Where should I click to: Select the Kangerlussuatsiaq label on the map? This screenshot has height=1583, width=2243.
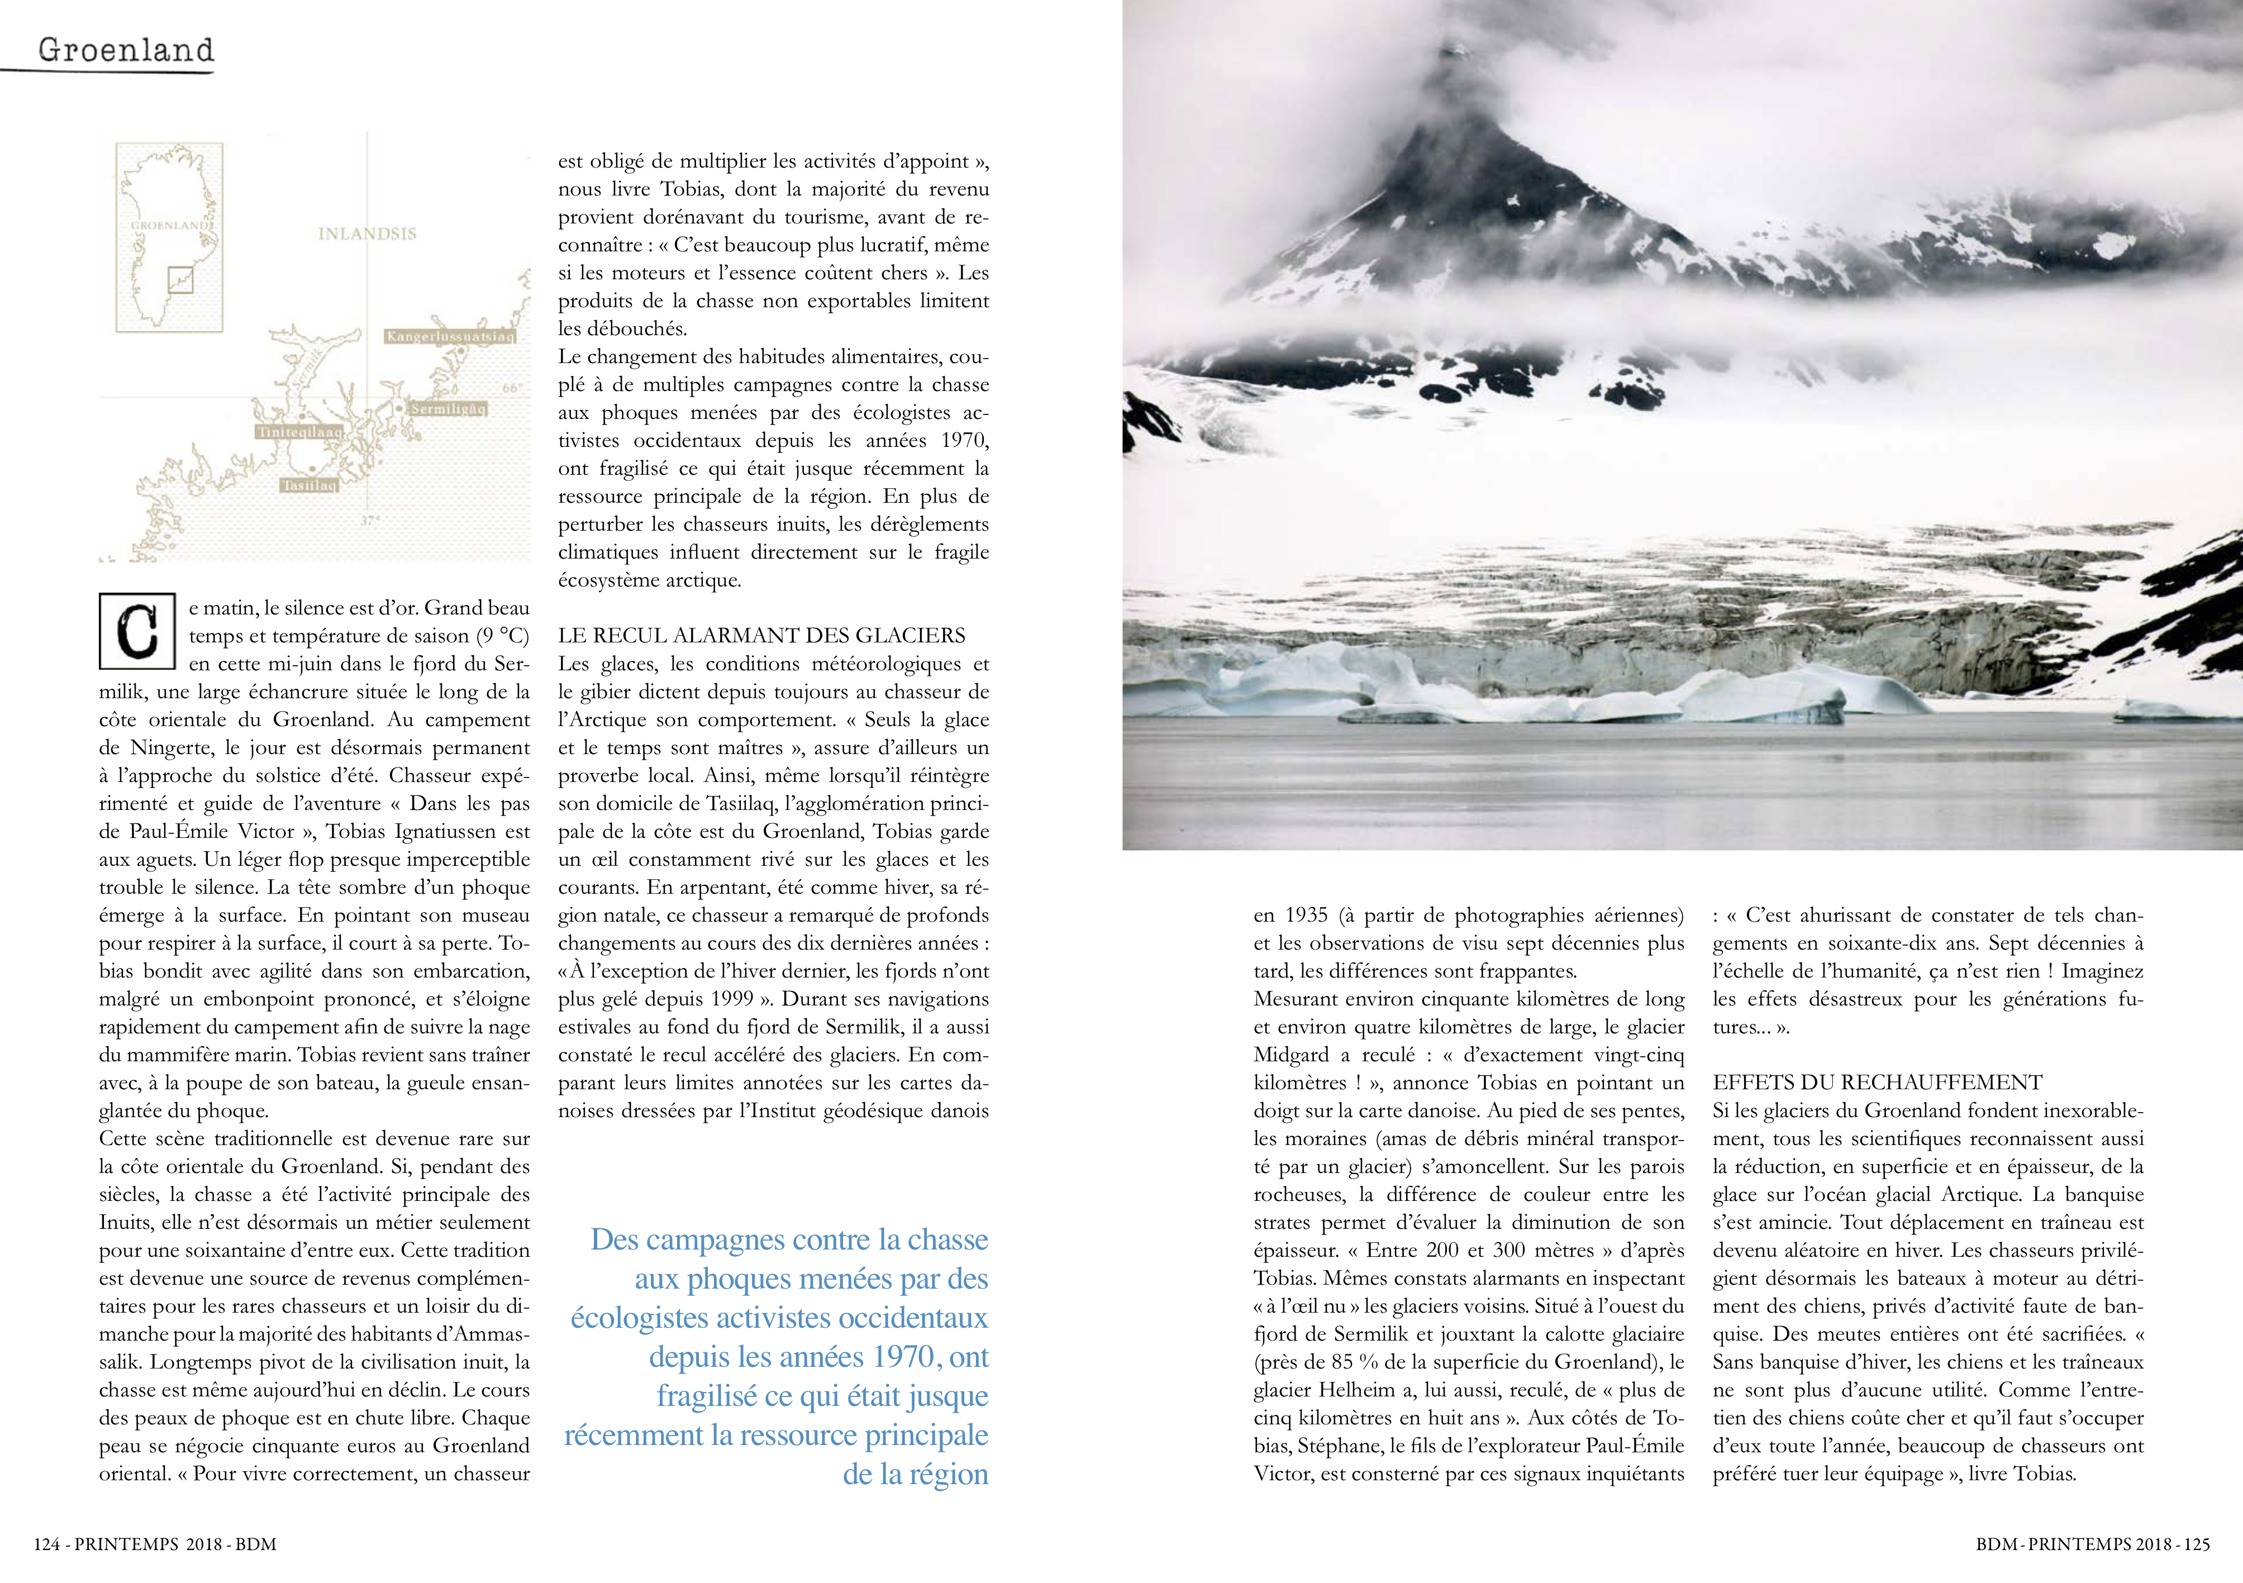pyautogui.click(x=449, y=336)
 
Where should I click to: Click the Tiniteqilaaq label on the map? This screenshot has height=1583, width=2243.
pyautogui.click(x=299, y=432)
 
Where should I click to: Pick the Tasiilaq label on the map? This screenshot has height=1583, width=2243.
pyautogui.click(x=309, y=485)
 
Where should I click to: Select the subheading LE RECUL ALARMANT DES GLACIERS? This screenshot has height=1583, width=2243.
pyautogui.click(x=761, y=636)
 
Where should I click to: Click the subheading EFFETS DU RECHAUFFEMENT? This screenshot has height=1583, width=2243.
pyautogui.click(x=1877, y=1083)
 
